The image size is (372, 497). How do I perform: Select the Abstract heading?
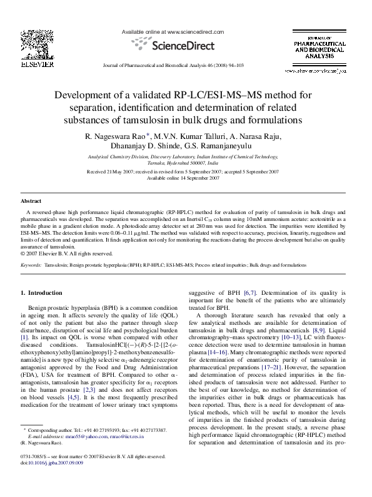click(x=31, y=201)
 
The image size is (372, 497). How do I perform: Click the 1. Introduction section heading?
click(x=41, y=292)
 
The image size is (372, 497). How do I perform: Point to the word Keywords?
click(x=31, y=265)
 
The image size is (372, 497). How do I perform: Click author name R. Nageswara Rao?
click(x=111, y=136)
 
